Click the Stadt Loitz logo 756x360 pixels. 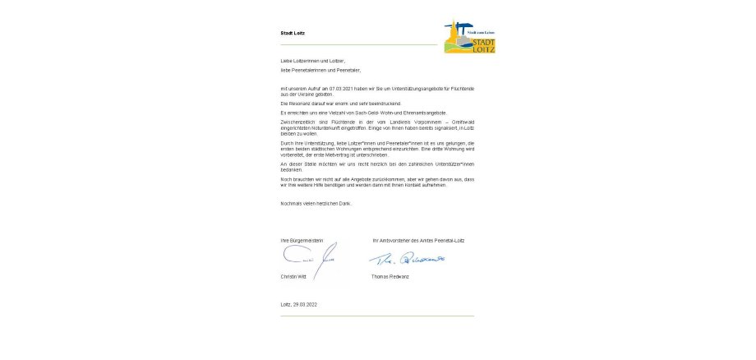coord(470,38)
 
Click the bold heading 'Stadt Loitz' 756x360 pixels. coord(293,34)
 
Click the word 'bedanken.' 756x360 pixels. coord(292,169)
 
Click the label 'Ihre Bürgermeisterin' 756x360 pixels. coord(302,240)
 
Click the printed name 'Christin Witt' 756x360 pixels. coord(295,276)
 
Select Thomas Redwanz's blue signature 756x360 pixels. coord(406,259)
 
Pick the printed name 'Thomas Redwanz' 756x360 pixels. coord(391,276)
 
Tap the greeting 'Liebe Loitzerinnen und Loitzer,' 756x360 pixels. coord(313,61)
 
